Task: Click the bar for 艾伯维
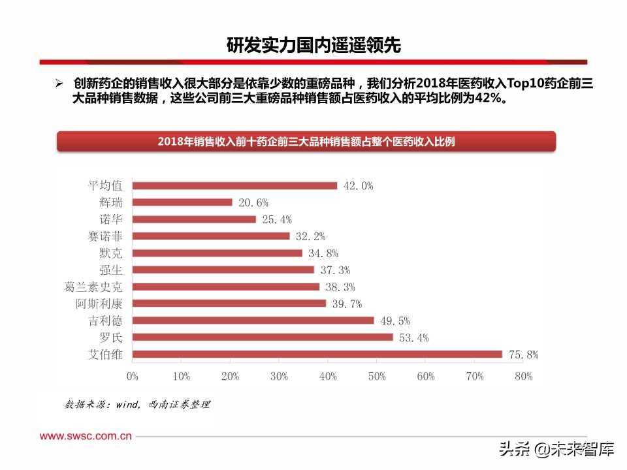317,354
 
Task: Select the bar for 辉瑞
182,202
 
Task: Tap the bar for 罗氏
263,337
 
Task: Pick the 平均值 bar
234,185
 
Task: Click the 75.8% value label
524,355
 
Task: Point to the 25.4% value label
277,220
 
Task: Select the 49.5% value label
395,321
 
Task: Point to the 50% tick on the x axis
377,377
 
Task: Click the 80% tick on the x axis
523,377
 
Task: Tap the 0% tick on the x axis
133,377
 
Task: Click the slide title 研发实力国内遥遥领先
313,45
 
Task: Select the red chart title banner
306,142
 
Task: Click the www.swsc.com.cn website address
86,435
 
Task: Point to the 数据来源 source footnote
137,405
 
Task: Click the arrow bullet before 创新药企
59,84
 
